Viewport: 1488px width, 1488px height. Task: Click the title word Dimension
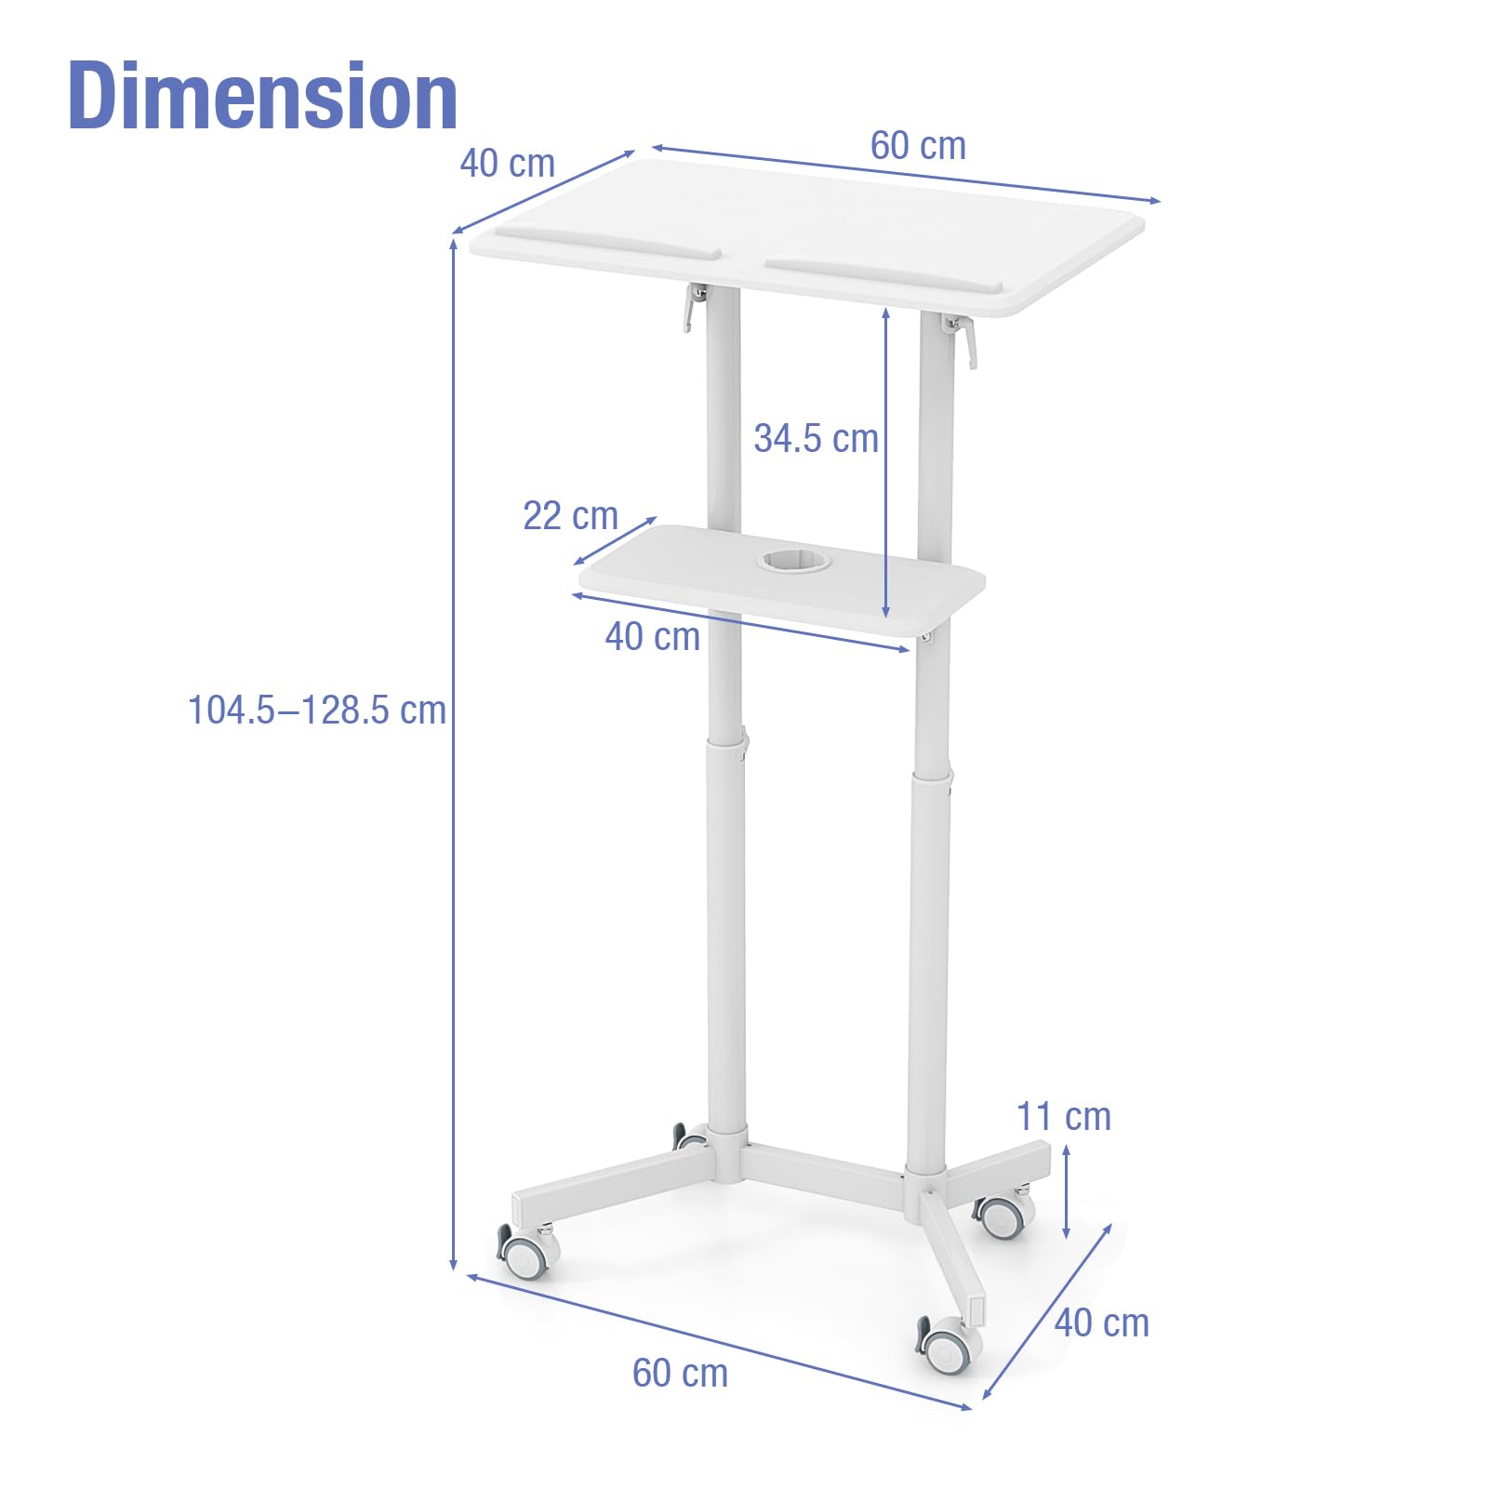coord(263,95)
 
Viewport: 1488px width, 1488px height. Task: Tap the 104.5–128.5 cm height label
coord(317,711)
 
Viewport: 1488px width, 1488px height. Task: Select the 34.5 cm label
coord(816,439)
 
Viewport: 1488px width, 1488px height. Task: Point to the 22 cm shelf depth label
coord(570,515)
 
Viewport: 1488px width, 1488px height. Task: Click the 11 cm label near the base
coord(1063,1117)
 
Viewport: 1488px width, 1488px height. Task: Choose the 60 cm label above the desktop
coord(918,146)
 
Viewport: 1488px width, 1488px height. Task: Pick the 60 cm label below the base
coord(680,1374)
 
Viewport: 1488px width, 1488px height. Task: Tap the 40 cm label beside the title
coord(507,164)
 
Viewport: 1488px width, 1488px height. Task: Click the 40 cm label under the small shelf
coord(652,637)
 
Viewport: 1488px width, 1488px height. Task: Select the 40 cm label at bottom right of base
coord(1101,1322)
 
